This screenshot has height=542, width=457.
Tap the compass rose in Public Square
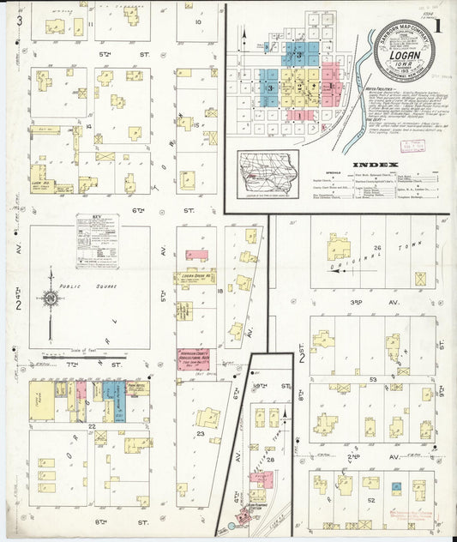pyautogui.click(x=51, y=298)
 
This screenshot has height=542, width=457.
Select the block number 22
pyautogui.click(x=90, y=425)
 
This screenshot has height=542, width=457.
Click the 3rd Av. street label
pyautogui.click(x=358, y=302)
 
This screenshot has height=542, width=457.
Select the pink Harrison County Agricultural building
pyautogui.click(x=196, y=359)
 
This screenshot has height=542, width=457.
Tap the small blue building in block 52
pyautogui.click(x=395, y=487)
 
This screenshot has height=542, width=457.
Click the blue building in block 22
pyautogui.click(x=119, y=402)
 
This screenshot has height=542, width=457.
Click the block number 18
pyautogui.click(x=220, y=292)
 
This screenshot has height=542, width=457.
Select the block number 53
pyautogui.click(x=372, y=378)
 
